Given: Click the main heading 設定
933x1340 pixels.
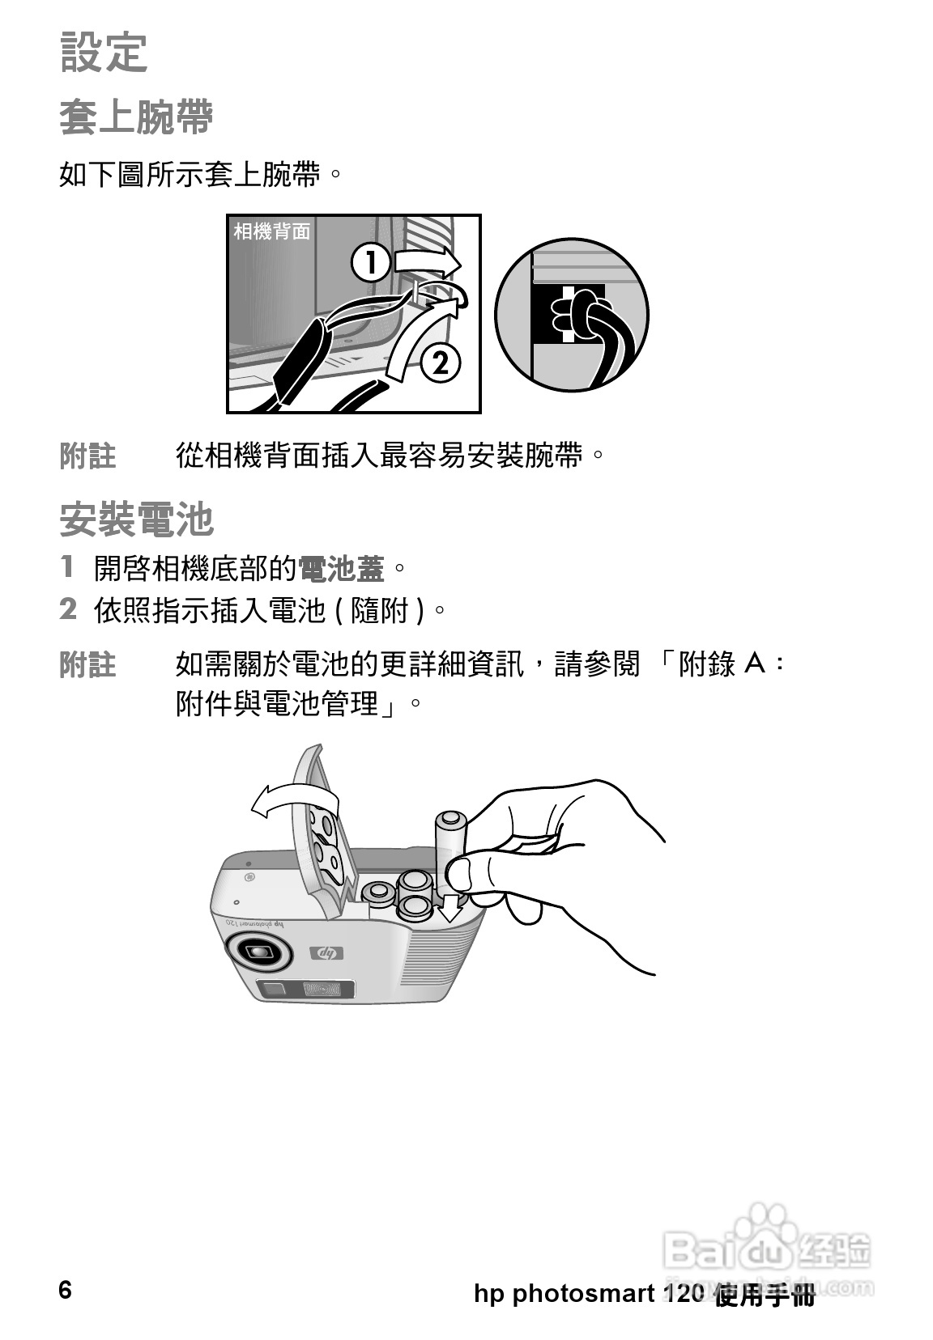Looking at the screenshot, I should [x=104, y=53].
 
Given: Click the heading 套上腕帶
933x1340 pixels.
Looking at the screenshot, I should [x=136, y=117].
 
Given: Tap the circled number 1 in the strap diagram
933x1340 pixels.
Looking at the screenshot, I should [x=372, y=265].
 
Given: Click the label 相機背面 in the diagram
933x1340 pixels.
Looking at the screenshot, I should [x=271, y=232].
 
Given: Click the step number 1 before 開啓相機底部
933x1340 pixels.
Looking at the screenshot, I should [x=68, y=566].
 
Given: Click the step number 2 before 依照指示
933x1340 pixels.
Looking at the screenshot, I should [x=68, y=609].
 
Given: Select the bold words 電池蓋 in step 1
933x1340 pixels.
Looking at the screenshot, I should [x=341, y=569].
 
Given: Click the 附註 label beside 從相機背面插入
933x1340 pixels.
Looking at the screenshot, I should [x=88, y=456].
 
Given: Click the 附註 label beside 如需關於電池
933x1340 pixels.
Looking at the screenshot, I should [x=88, y=664].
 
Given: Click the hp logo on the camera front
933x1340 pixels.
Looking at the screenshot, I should [x=326, y=953].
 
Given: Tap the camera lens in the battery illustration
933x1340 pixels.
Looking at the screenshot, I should [x=260, y=952].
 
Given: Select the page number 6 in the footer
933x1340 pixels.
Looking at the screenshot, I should [x=65, y=1289].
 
